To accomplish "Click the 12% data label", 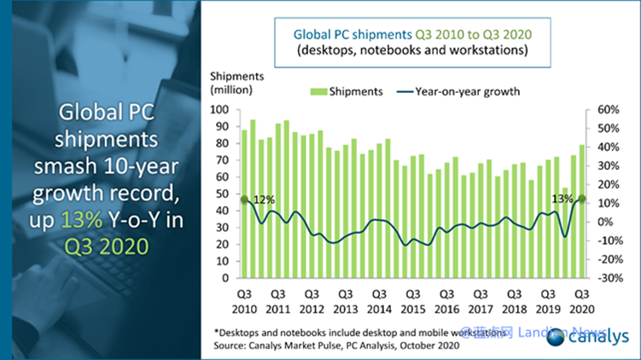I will tap(264, 200).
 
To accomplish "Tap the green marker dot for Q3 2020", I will tap(583, 199).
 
